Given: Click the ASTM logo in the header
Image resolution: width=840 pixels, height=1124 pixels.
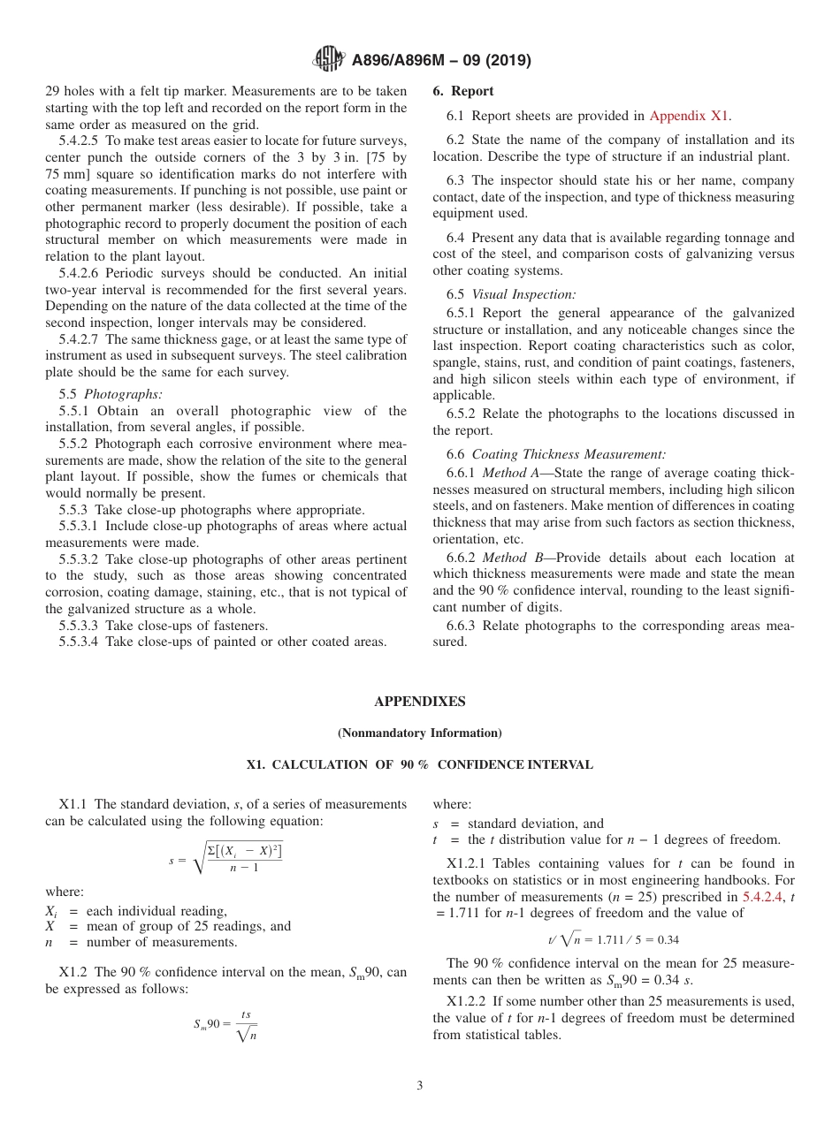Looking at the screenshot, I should [329, 60].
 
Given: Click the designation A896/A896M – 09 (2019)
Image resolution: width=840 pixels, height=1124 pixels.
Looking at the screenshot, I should [440, 61].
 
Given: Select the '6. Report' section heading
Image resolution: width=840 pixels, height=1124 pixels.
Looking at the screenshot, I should [463, 91].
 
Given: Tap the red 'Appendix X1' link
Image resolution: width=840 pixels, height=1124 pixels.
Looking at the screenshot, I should [690, 116].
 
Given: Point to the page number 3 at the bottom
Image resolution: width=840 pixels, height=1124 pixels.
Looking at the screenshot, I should [420, 1086].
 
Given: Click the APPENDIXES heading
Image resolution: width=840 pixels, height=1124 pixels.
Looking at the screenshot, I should [419, 702].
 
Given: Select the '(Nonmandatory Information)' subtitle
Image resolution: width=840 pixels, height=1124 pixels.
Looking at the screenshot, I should [419, 733].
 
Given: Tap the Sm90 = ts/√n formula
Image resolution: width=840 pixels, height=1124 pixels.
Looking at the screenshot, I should [225, 1025].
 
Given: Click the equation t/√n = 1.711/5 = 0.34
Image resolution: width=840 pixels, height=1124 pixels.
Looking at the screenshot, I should [613, 939].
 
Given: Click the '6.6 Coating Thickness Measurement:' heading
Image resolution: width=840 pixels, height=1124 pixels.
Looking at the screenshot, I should [556, 454].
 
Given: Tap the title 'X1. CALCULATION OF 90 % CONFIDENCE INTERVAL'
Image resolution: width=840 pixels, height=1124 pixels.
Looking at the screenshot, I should [419, 765].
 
